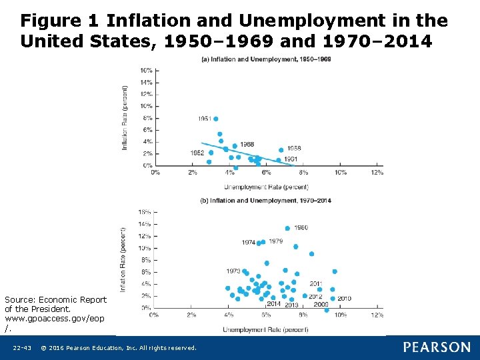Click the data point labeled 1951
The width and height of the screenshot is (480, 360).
pyautogui.click(x=215, y=119)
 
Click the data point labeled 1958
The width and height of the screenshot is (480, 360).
pyautogui.click(x=281, y=150)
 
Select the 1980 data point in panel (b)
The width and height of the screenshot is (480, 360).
pyautogui.click(x=287, y=228)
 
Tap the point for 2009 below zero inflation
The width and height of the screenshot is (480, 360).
pyautogui.click(x=326, y=310)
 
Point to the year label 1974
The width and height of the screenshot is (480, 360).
pyautogui.click(x=248, y=243)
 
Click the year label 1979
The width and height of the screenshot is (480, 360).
pyautogui.click(x=276, y=241)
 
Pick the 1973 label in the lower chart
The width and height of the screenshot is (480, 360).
pyautogui.click(x=233, y=271)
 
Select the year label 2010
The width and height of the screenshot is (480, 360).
pyautogui.click(x=344, y=299)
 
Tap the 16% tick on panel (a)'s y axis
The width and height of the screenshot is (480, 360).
pyautogui.click(x=145, y=70)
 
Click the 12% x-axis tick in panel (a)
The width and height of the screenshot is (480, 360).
pyautogui.click(x=377, y=173)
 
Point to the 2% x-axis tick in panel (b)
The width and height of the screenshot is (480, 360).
pyautogui.click(x=191, y=315)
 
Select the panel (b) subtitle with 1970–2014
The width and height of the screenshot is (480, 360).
pyautogui.click(x=265, y=201)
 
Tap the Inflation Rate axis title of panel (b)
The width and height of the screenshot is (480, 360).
pyautogui.click(x=123, y=259)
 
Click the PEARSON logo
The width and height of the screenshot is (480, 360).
pyautogui.click(x=437, y=347)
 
